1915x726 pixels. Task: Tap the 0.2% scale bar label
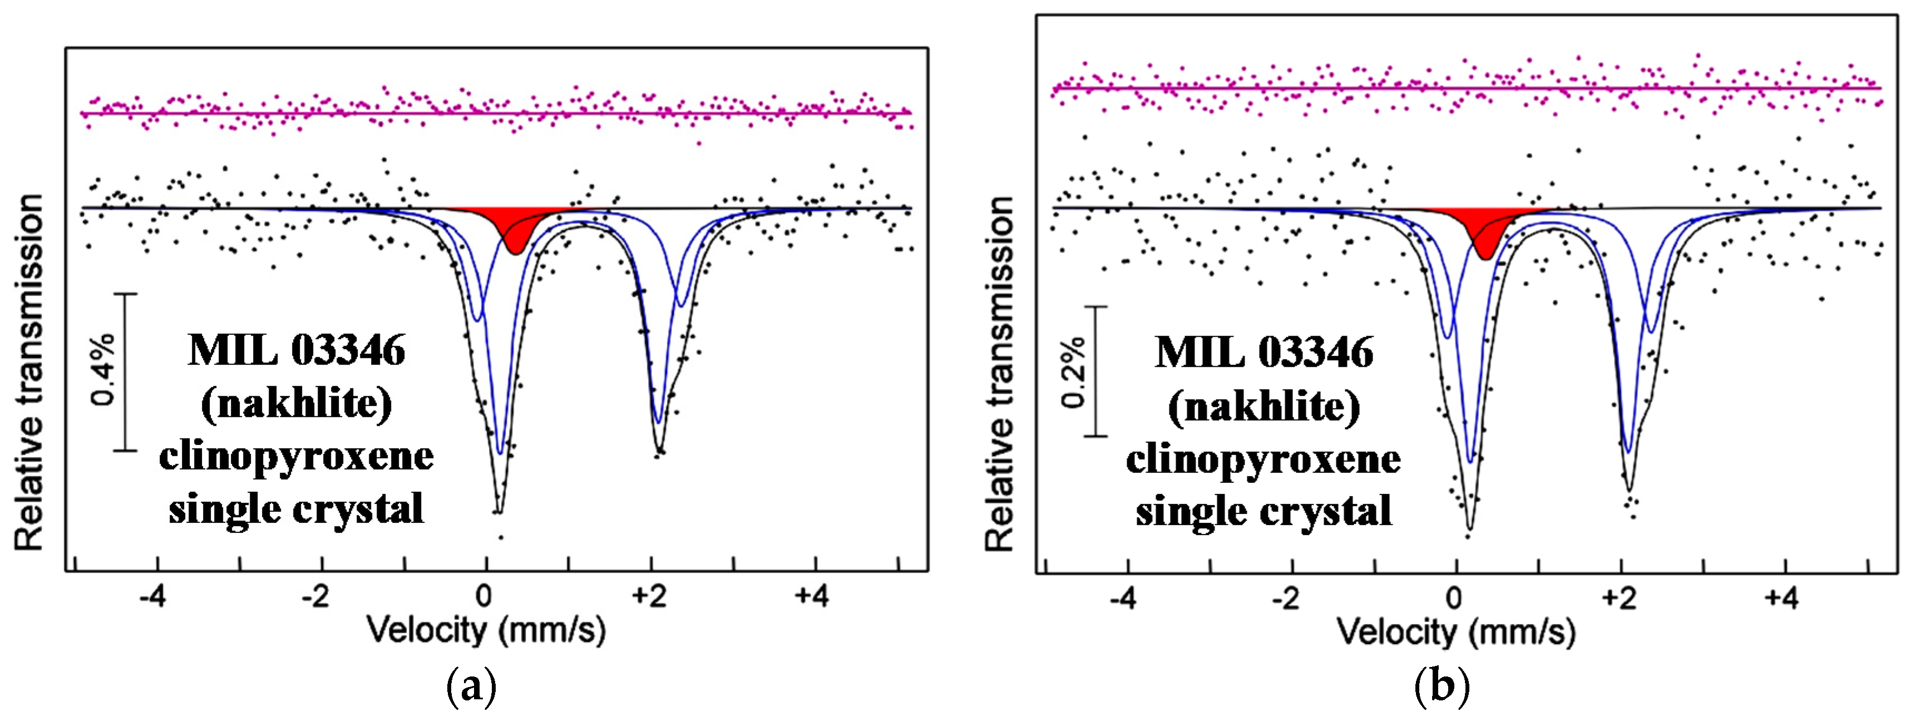(1073, 372)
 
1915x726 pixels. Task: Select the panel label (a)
(471, 688)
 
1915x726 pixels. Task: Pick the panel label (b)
(1441, 688)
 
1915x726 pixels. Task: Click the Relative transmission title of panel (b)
(1000, 374)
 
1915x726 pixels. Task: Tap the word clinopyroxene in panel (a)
(296, 456)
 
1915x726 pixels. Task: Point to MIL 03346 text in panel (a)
(296, 350)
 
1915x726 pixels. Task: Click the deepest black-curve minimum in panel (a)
(499, 511)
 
